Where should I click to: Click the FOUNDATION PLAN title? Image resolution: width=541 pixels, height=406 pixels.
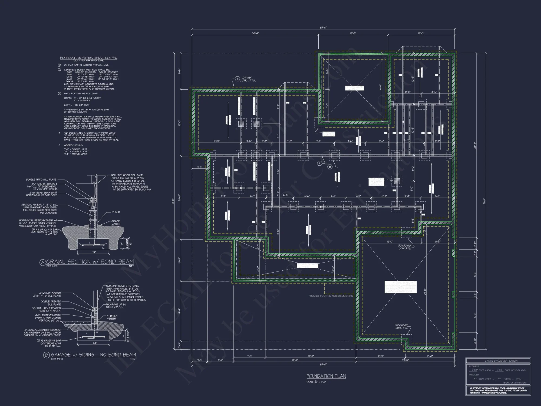(326, 376)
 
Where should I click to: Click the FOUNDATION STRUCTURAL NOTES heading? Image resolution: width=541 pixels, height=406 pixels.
(88, 58)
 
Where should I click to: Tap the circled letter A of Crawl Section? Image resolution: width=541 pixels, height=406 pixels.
(42, 262)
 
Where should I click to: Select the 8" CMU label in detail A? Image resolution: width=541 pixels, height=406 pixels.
(116, 212)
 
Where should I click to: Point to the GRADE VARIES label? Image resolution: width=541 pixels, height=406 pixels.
(116, 223)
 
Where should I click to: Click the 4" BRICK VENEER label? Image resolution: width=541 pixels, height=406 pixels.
(111, 317)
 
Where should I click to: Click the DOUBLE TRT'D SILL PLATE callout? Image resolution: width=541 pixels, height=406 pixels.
(41, 179)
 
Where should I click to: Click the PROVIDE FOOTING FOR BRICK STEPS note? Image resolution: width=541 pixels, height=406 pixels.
(331, 296)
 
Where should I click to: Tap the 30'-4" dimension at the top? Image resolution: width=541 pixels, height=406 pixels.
(255, 33)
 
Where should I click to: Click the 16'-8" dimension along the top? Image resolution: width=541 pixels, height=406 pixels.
(353, 33)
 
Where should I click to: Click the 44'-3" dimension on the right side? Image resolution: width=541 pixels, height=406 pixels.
(475, 146)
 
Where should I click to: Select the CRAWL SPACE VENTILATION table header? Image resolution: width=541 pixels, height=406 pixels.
(501, 361)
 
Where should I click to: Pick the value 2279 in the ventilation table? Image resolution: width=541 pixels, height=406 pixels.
(475, 370)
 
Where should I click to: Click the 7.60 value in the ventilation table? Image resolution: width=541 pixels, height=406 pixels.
(499, 370)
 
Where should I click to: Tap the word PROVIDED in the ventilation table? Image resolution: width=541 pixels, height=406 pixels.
(474, 375)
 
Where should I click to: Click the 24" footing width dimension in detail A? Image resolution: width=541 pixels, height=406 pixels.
(94, 253)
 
